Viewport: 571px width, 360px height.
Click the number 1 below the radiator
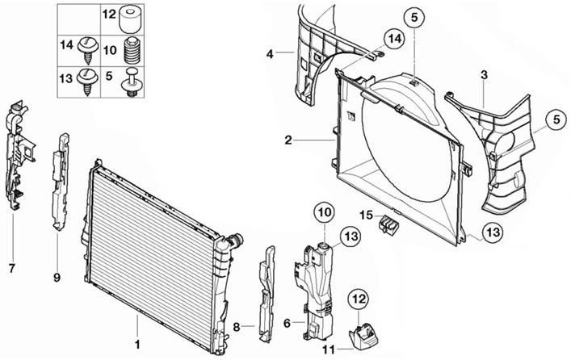[x=137, y=344]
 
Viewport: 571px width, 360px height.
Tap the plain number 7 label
[x=12, y=269]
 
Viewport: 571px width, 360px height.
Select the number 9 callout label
[x=57, y=278]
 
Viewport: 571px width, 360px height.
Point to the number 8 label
[x=237, y=327]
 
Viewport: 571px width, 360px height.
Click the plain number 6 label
[x=287, y=323]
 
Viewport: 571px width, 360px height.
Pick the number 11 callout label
[x=329, y=350]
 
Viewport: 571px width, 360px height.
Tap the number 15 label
[x=367, y=216]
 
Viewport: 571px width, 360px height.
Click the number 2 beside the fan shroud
[x=288, y=140]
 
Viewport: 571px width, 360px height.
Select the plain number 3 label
[x=484, y=75]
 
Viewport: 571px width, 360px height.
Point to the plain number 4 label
[x=270, y=54]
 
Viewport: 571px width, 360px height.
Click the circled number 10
[x=325, y=211]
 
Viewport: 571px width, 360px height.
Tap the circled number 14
[x=394, y=38]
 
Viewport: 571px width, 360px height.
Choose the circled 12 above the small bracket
[x=359, y=299]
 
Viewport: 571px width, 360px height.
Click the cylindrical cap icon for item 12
[x=130, y=20]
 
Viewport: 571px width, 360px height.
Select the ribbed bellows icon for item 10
[x=132, y=51]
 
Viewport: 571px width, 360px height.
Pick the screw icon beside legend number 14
[x=87, y=49]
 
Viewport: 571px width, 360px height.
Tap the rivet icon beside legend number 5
[x=132, y=82]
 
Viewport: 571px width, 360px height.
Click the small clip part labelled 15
[x=388, y=224]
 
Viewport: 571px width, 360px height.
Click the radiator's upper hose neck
[x=236, y=241]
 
